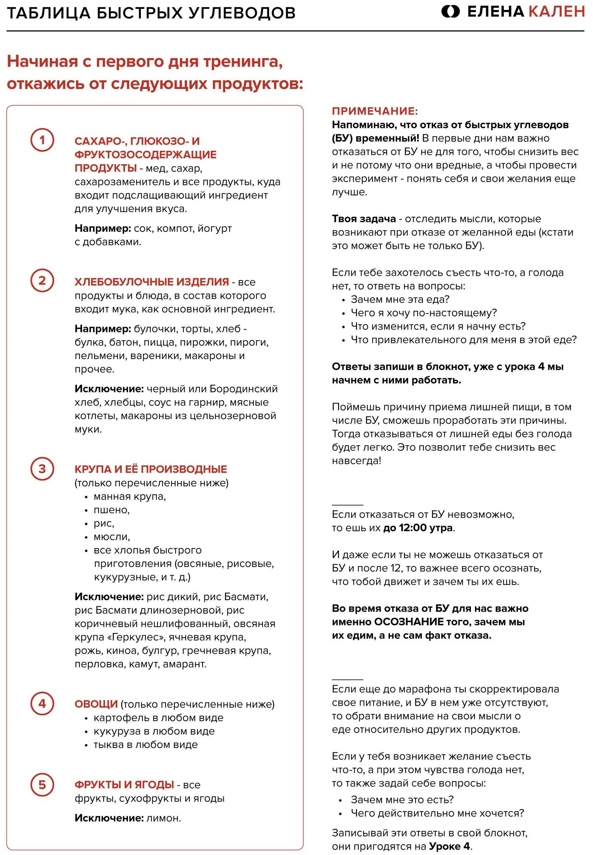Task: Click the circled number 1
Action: coord(42,140)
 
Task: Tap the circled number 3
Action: coord(42,469)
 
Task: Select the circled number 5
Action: coord(42,785)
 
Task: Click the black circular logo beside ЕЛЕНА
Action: coord(451,12)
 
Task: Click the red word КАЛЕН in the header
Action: coord(557,12)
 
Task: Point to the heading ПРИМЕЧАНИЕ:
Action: coord(375,111)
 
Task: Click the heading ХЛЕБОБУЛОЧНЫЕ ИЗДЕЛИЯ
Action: coord(152,282)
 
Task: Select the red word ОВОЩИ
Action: coord(96,704)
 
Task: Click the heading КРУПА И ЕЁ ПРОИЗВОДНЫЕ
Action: coord(151,469)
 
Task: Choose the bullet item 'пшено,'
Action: coord(111,510)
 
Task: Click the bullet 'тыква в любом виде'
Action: coord(145,744)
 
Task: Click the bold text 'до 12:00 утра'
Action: coord(418,528)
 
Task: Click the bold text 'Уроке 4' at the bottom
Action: coord(450,846)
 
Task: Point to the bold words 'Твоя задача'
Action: coord(364,219)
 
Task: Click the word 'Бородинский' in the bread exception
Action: coord(243,389)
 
